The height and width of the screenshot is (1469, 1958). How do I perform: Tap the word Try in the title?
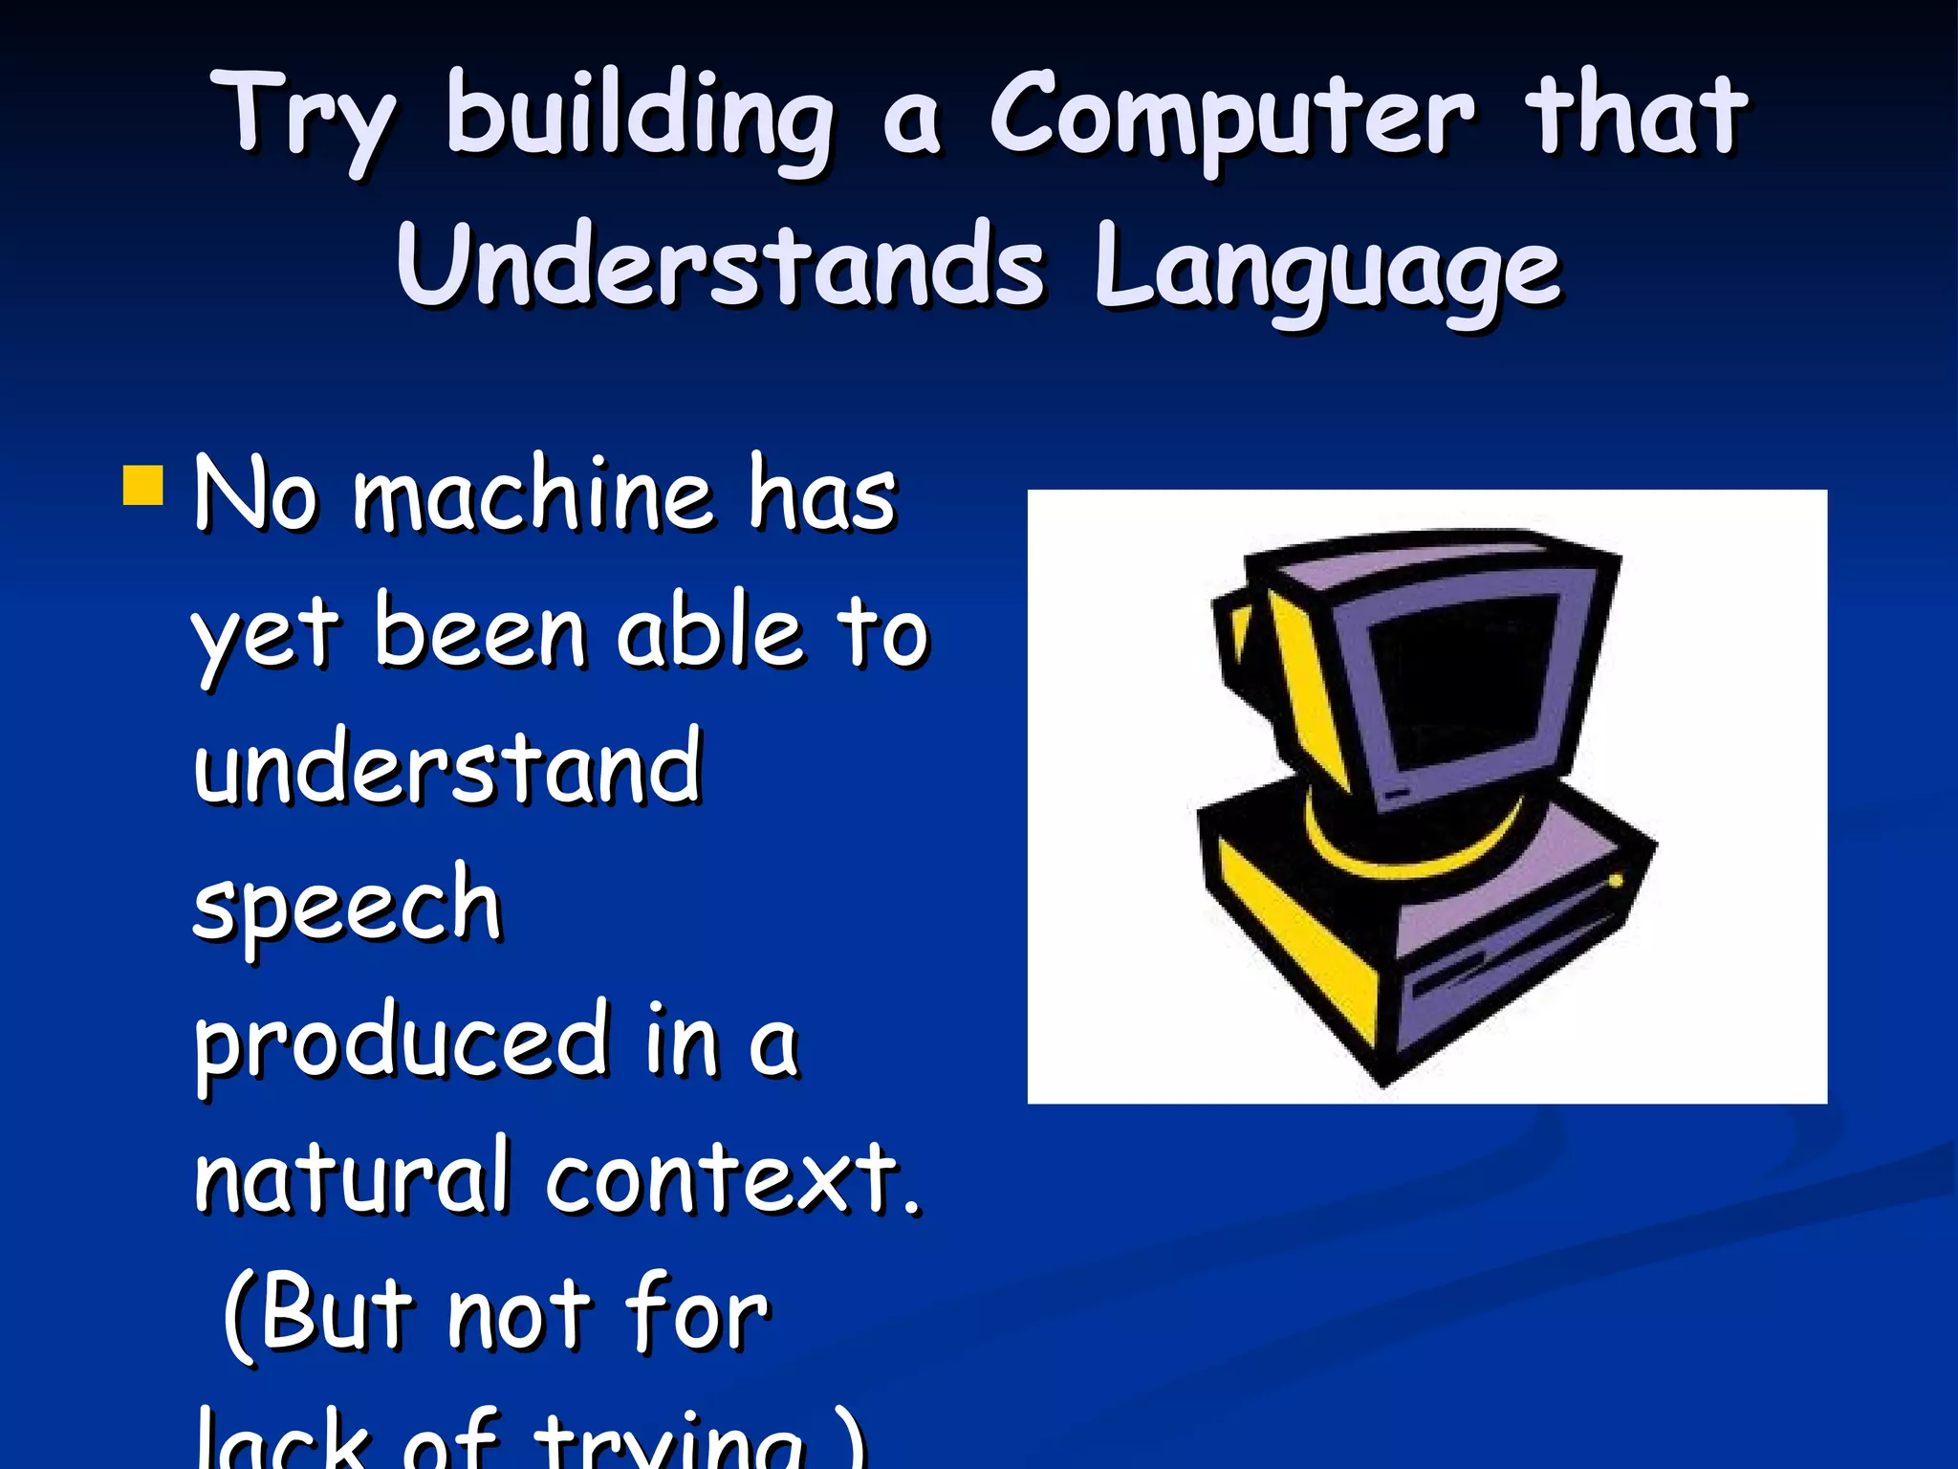(304, 117)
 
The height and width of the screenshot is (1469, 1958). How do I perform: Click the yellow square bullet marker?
(144, 485)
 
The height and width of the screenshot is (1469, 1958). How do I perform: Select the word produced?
(402, 1042)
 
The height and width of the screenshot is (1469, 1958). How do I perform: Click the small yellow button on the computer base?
(1615, 880)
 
